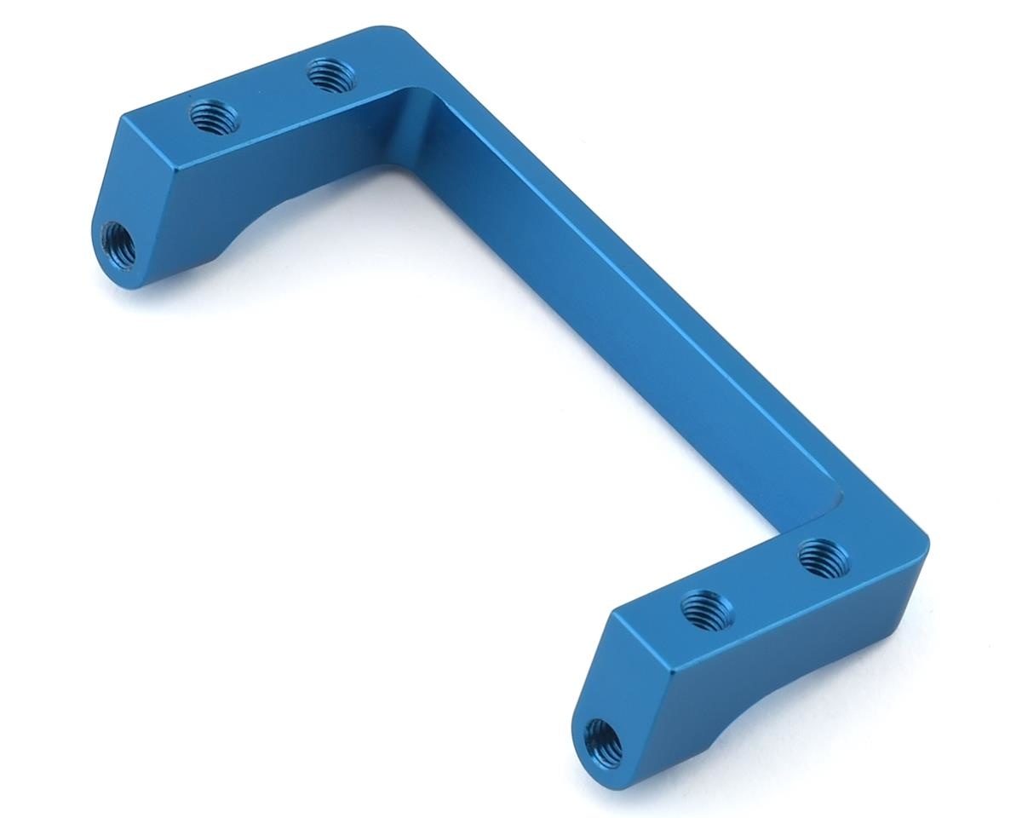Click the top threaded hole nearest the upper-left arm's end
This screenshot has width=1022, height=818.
(214, 116)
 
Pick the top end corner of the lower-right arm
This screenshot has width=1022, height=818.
(615, 613)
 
